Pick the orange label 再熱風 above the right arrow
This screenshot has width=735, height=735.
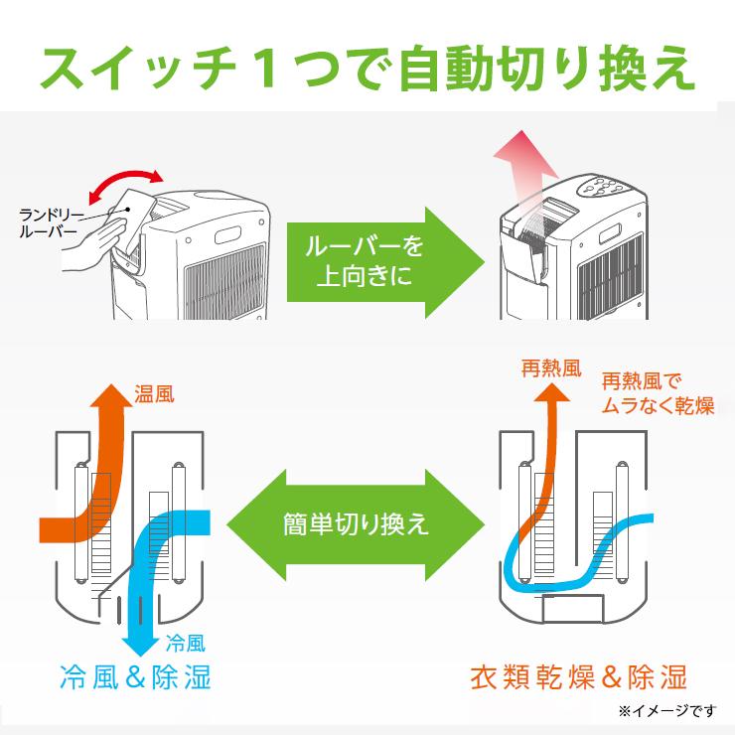tap(549, 368)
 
